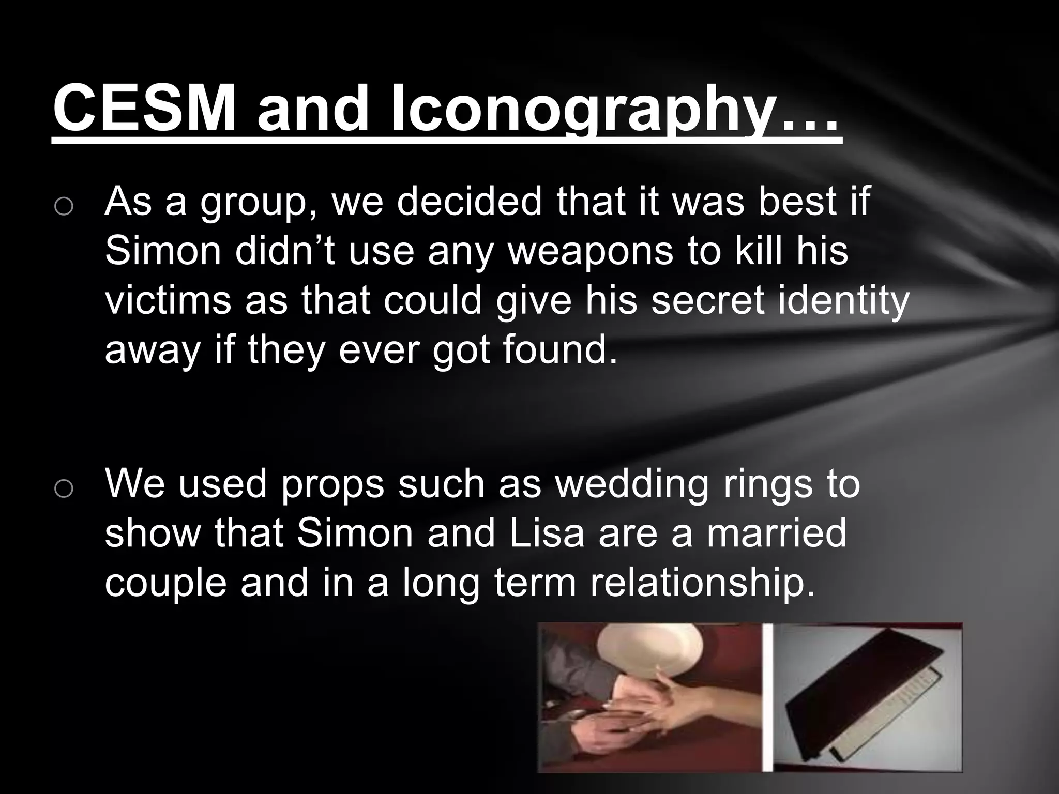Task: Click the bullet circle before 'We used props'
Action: (63, 488)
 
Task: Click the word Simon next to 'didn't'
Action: (163, 251)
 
